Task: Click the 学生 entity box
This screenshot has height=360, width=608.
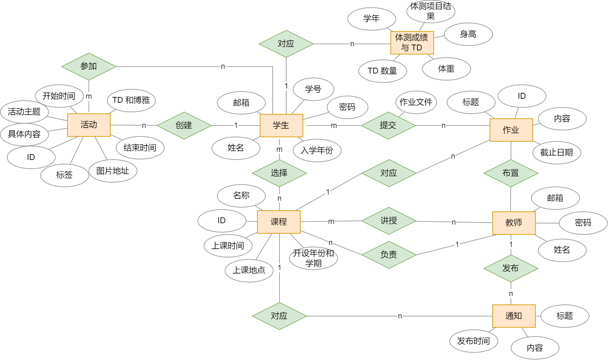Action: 281,126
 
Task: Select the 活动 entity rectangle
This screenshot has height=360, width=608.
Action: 89,125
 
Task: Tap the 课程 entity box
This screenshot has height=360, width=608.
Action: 279,222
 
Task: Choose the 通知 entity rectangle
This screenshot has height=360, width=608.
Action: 514,316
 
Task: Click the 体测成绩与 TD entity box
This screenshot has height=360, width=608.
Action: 412,43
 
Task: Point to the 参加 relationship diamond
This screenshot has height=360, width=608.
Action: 89,67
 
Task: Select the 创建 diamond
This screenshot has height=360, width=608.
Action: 184,126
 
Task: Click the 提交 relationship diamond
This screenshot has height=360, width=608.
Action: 388,126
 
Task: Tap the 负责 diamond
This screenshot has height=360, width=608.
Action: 389,255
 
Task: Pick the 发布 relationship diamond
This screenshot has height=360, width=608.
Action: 511,268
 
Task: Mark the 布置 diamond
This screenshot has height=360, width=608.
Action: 511,173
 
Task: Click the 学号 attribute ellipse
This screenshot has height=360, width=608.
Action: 314,89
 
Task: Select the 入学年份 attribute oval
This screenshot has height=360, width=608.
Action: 317,150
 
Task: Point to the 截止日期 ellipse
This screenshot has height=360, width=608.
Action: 557,153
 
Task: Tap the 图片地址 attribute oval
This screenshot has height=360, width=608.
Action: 113,171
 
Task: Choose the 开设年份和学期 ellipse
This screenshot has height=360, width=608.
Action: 314,258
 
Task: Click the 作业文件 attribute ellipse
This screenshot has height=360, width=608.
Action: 416,102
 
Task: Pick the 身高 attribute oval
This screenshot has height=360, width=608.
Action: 468,34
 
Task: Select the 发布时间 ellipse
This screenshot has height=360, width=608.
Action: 474,341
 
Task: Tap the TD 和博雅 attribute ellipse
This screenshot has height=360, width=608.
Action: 131,100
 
